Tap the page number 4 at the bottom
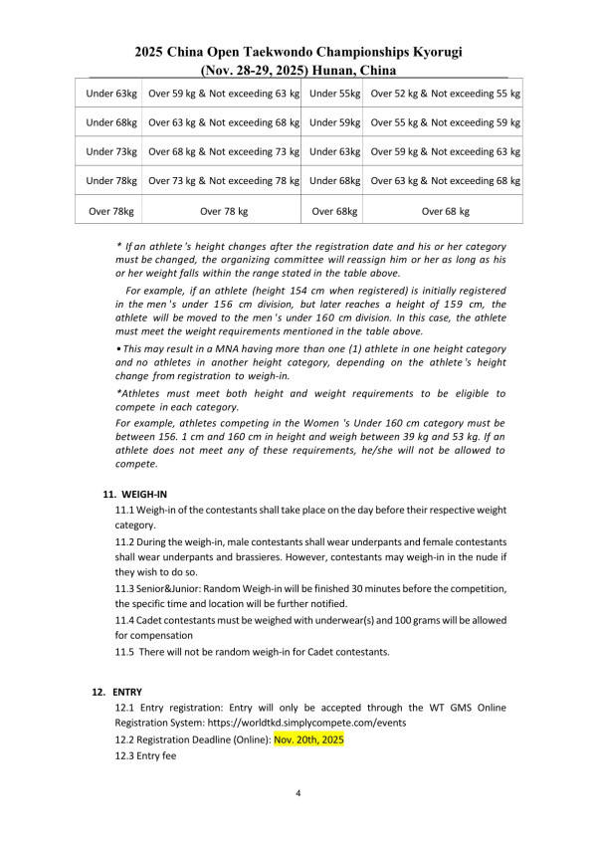[x=298, y=793]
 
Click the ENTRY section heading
[x=127, y=691]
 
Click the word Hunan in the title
[x=338, y=71]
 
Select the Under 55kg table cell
[x=334, y=94]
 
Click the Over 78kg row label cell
[x=111, y=211]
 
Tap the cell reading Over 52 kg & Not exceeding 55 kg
[x=445, y=94]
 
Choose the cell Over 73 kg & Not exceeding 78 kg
[x=223, y=181]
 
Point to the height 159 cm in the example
[x=430, y=305]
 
